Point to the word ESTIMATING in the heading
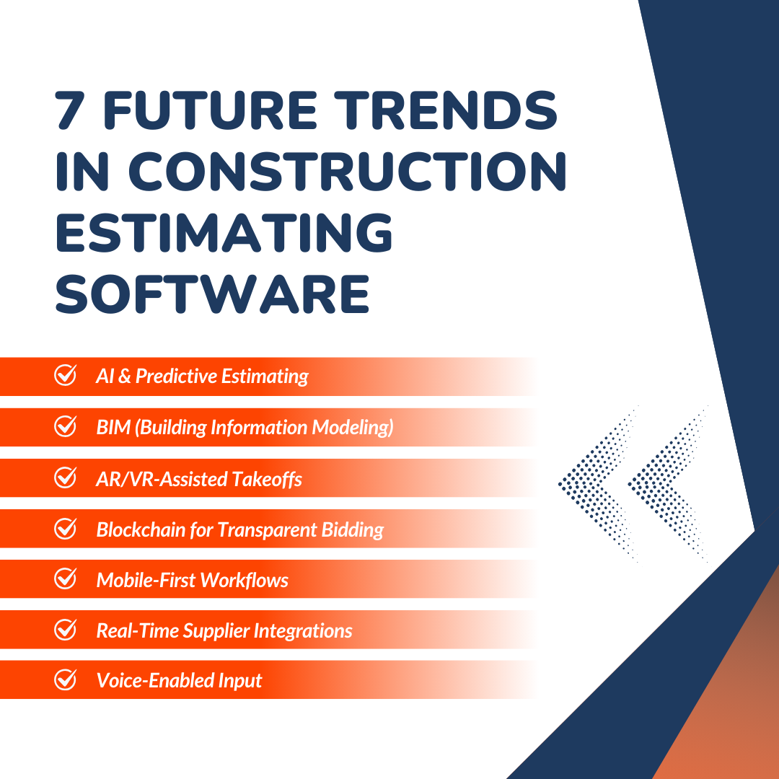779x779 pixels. (x=224, y=233)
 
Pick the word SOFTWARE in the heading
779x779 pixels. (x=213, y=294)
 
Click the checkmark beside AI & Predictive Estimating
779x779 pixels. (x=66, y=376)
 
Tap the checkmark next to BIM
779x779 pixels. (x=66, y=427)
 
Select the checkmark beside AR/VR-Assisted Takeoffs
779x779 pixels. (x=66, y=477)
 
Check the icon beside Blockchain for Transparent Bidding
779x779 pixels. (x=66, y=529)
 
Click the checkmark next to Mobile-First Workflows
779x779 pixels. (x=66, y=579)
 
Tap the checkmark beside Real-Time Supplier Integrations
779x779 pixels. (x=66, y=630)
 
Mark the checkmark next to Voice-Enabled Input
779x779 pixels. (x=66, y=680)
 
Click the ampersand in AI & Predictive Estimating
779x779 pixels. (x=123, y=377)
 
